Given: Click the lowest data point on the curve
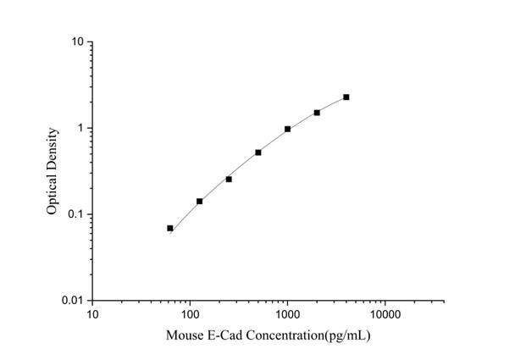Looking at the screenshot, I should (x=170, y=228).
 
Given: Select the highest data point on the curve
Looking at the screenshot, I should (x=346, y=97).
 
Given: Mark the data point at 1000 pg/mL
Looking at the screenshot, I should (x=288, y=129).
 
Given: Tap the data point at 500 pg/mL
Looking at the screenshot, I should (x=258, y=152).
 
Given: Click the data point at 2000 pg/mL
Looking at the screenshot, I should (x=317, y=113).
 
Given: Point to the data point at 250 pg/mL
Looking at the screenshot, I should (x=229, y=179).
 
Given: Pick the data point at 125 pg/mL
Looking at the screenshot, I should (x=200, y=202).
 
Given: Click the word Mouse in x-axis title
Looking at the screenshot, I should (x=188, y=335).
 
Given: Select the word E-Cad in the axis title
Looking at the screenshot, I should (x=227, y=335).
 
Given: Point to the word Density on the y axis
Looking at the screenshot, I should (x=53, y=147).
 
